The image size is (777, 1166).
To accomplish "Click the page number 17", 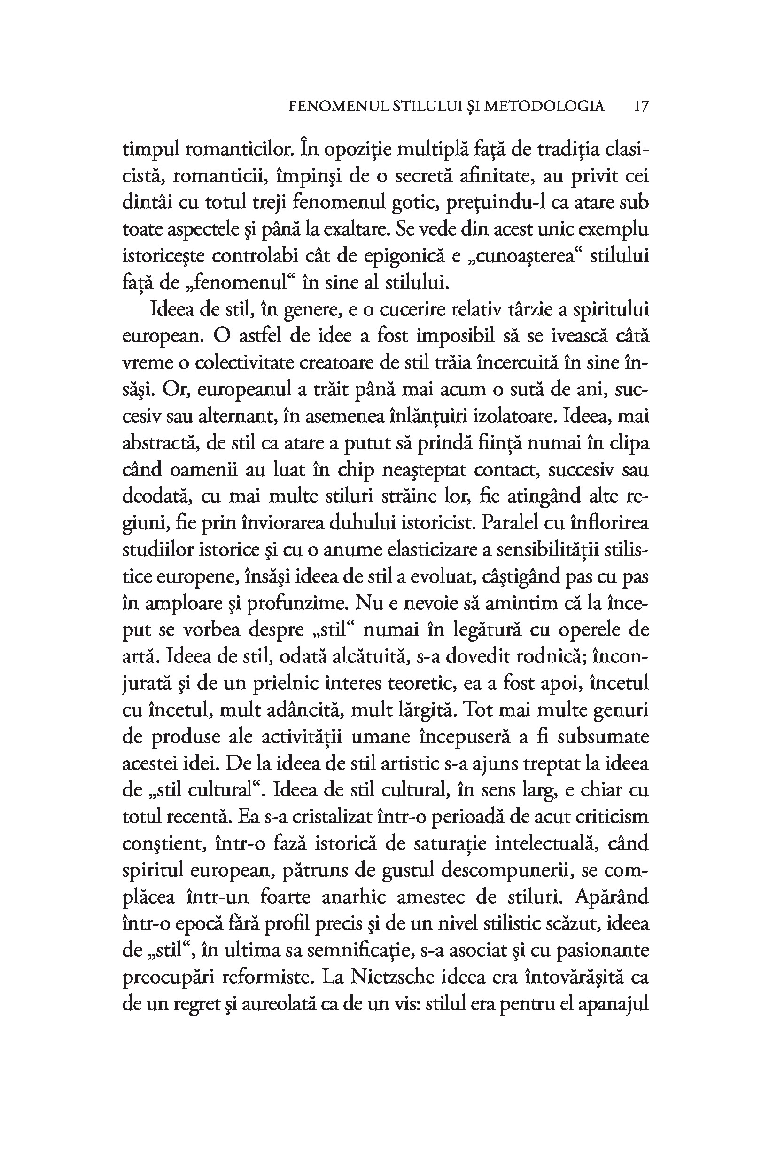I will point(641,106).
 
